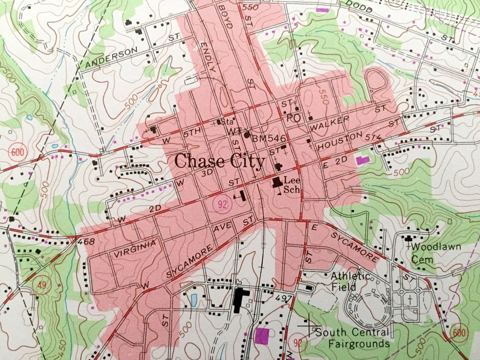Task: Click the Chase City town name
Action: (219, 162)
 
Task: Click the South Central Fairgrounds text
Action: (351, 338)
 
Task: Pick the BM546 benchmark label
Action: (269, 139)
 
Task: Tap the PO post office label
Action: (293, 118)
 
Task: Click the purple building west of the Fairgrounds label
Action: (262, 337)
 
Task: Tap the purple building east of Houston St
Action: (363, 160)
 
